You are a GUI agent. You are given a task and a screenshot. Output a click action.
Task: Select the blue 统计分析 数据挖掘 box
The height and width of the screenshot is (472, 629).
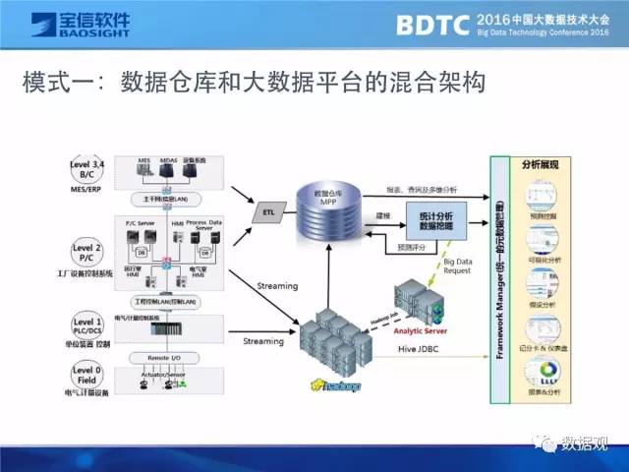(429, 218)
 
